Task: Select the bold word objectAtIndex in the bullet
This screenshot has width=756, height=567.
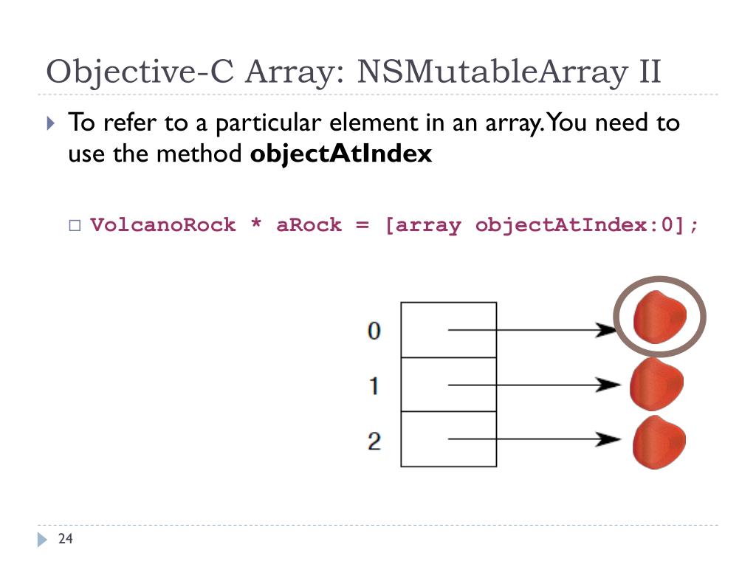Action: (341, 155)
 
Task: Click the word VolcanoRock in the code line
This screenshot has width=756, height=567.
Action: (163, 224)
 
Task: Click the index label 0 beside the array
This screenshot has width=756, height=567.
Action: (374, 331)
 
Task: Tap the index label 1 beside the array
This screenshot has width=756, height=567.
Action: (374, 385)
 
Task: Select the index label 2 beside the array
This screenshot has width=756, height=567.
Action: (374, 441)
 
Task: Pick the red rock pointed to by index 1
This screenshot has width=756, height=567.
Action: (656, 385)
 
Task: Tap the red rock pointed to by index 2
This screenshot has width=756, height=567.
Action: (658, 441)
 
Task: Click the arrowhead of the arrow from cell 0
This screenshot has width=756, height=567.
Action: (607, 330)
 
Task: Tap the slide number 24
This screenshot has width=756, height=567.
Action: (66, 540)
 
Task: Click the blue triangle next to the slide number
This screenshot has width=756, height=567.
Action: (42, 540)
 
